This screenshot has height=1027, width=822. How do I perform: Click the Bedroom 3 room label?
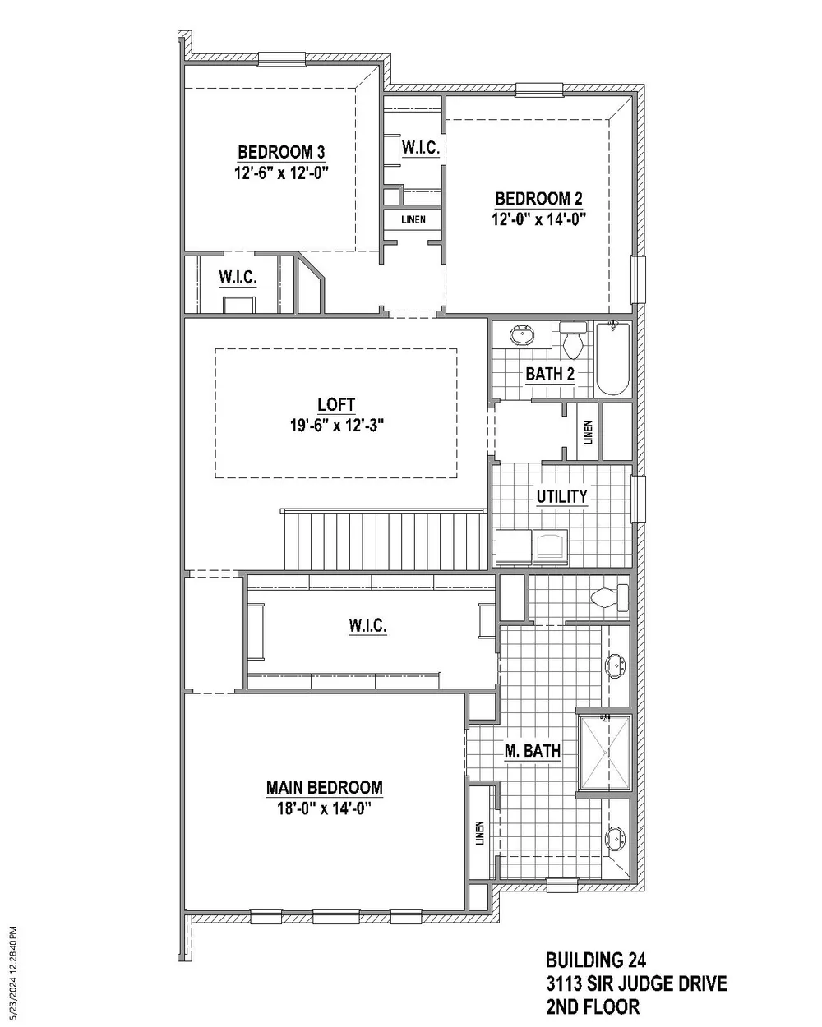281,152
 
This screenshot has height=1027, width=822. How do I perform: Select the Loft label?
336,404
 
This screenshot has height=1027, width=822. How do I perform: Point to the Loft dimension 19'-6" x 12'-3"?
336,425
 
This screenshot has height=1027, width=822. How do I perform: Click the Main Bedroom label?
324,787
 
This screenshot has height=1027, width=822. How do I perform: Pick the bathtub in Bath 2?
612,359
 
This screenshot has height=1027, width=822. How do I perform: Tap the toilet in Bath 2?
572,341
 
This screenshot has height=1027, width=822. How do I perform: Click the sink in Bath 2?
520,336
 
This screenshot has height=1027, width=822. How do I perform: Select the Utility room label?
561,496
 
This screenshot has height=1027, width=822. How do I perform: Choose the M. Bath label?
533,750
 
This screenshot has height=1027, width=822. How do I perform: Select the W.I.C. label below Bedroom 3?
238,278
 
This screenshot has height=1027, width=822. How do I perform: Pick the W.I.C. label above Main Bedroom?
367,626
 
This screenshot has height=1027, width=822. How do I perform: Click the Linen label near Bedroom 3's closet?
413,220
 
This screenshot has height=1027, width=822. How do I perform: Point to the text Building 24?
595,960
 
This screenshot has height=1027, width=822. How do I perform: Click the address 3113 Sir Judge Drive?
636,983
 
